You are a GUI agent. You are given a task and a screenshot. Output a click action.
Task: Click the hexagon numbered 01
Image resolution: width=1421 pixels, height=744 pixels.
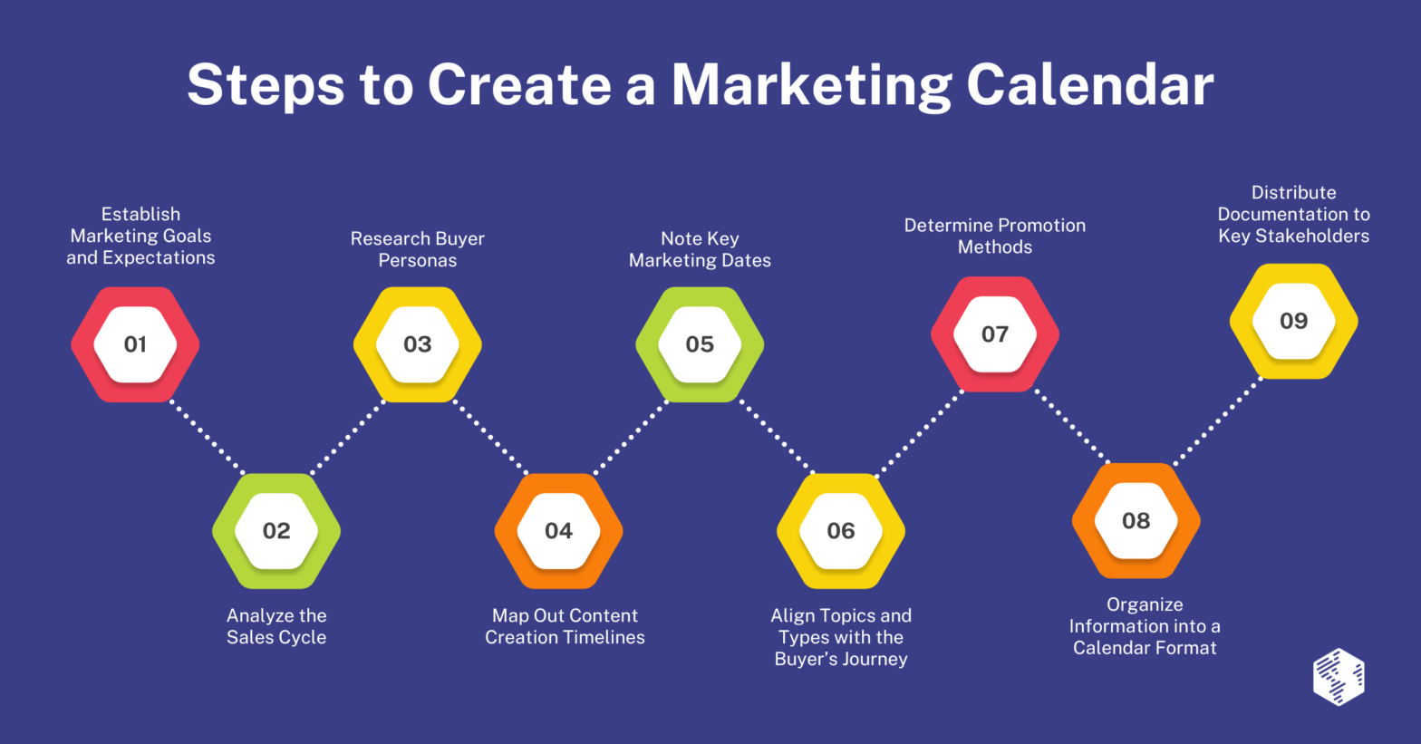(x=135, y=344)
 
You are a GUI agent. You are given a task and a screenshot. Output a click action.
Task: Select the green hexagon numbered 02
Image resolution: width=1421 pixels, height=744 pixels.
(x=276, y=531)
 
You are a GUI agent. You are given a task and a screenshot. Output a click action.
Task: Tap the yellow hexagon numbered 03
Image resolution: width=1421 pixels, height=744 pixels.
(x=417, y=344)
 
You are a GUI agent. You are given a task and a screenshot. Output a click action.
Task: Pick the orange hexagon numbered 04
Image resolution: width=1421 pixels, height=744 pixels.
(x=558, y=531)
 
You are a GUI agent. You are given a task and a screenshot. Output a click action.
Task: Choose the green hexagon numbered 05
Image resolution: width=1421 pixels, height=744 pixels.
(x=700, y=344)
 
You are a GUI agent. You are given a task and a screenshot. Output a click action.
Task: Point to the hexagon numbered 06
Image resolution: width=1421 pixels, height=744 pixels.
(x=841, y=531)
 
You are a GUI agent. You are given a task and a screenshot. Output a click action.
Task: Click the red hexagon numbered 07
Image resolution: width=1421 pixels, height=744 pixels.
(x=995, y=334)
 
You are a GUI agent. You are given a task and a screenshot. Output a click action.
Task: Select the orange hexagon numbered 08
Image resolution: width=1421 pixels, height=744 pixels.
(x=1136, y=521)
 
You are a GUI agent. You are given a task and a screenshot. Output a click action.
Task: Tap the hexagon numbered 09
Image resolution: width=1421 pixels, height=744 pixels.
(x=1293, y=321)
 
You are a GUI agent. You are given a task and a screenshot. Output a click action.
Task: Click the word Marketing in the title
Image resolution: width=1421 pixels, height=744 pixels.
(x=810, y=86)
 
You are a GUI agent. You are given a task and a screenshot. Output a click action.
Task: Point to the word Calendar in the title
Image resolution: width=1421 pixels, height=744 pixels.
(x=1089, y=84)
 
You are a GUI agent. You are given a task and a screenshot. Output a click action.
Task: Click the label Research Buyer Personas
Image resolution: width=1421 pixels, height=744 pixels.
(x=418, y=249)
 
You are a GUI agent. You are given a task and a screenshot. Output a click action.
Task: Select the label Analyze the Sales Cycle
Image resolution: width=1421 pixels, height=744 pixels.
(x=276, y=626)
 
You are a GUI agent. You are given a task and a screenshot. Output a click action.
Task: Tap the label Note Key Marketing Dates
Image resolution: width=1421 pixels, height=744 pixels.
(x=700, y=249)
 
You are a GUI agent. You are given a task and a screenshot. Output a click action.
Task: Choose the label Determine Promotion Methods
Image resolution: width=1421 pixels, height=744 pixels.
(x=995, y=236)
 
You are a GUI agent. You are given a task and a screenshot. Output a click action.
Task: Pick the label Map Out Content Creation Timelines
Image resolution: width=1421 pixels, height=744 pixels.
(x=565, y=626)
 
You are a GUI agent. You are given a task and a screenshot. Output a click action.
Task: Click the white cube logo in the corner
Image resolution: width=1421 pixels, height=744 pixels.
(x=1339, y=676)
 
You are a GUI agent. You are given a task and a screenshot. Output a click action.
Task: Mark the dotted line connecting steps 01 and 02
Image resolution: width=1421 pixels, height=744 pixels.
(x=207, y=437)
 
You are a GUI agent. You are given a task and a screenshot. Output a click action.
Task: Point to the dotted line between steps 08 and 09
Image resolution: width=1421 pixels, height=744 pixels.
(x=1217, y=422)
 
